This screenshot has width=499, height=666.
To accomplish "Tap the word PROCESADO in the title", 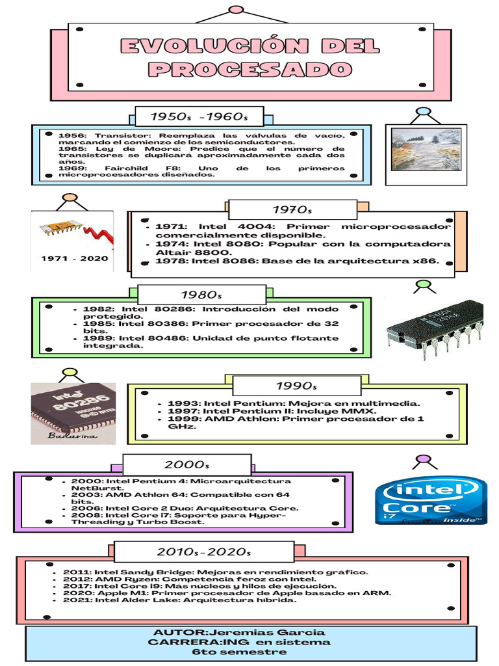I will click(250, 69).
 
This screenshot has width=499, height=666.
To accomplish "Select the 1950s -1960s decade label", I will click(199, 117).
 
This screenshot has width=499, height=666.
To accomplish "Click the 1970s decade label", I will click(292, 209).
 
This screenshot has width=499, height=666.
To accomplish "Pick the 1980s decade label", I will click(202, 295).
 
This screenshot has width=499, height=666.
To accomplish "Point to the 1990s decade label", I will click(296, 386).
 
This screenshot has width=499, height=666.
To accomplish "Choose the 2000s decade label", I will click(187, 464).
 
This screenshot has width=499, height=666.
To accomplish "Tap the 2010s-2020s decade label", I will click(203, 552).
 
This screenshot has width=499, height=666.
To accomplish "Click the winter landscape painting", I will click(426, 149).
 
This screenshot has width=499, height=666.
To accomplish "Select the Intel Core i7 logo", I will click(431, 501).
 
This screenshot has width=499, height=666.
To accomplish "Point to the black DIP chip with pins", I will click(434, 328).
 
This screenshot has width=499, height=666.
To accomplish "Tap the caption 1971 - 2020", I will click(75, 258).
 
